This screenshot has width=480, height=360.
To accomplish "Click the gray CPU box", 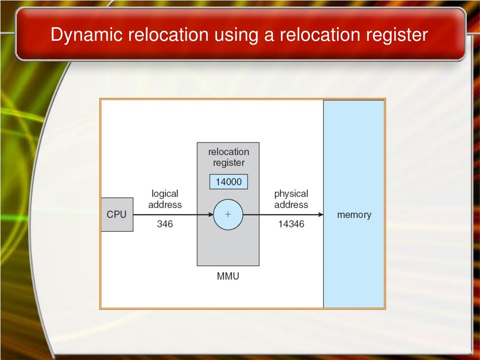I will point(117,215).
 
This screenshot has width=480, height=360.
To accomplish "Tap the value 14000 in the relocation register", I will point(228,182).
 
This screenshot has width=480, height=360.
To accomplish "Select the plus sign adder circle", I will point(228,215).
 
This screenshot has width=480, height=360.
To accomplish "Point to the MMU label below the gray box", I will point(228,276).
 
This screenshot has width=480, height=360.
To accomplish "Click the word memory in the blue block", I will point(354,215).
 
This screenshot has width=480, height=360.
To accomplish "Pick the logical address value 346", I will point(165,224).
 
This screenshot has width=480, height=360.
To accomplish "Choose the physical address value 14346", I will point(291,224).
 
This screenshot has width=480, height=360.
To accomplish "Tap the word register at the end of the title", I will point(398,35).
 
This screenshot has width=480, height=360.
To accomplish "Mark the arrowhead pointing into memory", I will point(321,215).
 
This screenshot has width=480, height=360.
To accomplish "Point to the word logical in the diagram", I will point(165,194).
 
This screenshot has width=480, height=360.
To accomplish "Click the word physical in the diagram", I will point(291,194).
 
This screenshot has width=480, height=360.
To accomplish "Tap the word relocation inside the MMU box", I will point(228,152).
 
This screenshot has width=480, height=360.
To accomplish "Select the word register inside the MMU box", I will point(228,163).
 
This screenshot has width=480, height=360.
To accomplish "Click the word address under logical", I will point(165,205).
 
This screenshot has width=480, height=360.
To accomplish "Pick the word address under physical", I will point(291,205).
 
